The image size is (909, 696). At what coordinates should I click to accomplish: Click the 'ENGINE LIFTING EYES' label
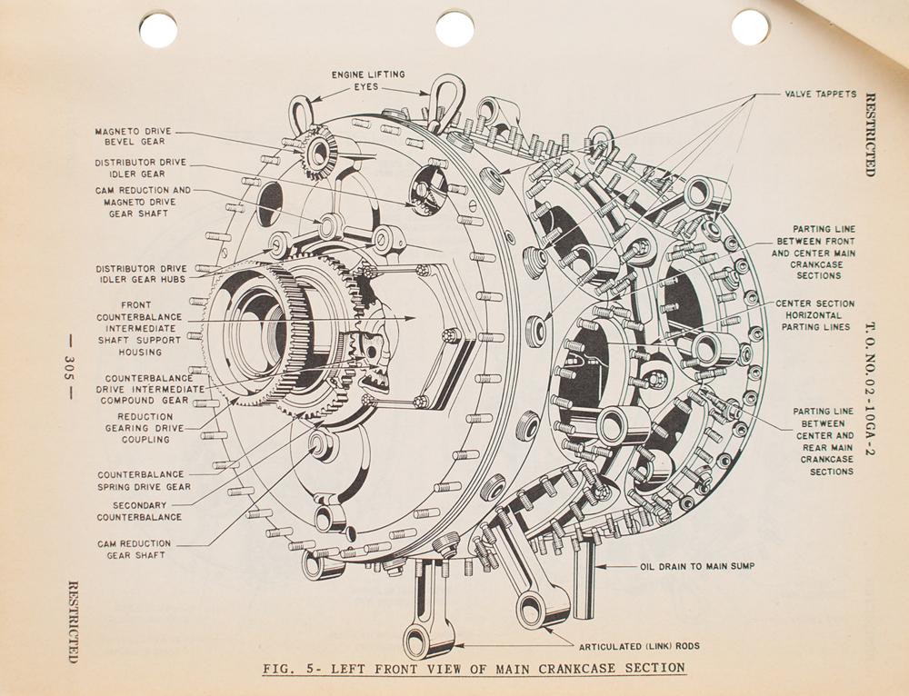coord(368,80)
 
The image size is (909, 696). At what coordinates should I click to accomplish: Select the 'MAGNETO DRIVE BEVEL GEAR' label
coord(132,136)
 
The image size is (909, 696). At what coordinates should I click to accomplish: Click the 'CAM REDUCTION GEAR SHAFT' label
coord(134,549)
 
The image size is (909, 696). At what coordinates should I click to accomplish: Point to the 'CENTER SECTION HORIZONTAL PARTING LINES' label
coord(814,315)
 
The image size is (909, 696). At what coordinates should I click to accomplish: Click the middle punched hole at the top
coord(454,29)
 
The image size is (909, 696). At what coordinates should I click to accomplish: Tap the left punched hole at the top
coord(158,30)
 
